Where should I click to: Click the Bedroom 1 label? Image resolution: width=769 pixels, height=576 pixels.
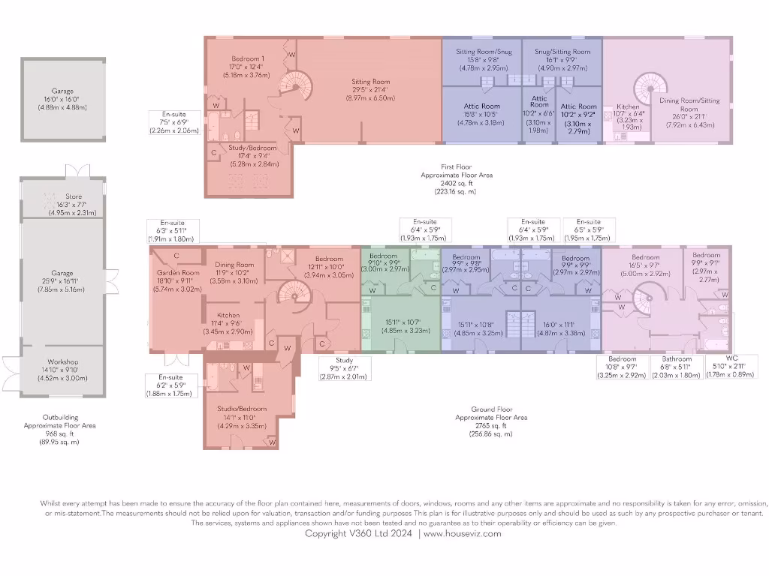pos(247,59)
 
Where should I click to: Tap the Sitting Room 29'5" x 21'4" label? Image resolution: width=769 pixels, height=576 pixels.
pos(370,82)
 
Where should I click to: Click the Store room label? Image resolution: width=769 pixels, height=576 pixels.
pos(73,196)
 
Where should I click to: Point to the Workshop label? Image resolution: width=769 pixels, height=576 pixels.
pos(62,361)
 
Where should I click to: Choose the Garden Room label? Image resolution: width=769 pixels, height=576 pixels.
pos(178,272)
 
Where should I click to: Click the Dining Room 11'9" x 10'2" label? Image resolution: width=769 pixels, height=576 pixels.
pos(234,265)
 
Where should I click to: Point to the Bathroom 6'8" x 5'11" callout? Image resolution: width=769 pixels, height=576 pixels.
pos(676,358)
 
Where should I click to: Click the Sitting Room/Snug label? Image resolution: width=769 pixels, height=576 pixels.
pos(484,52)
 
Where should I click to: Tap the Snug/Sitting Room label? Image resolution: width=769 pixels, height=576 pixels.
pos(562,52)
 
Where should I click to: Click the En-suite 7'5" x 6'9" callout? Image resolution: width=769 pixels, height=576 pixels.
pos(173,114)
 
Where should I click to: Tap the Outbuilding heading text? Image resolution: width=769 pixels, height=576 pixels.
pos(61,417)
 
